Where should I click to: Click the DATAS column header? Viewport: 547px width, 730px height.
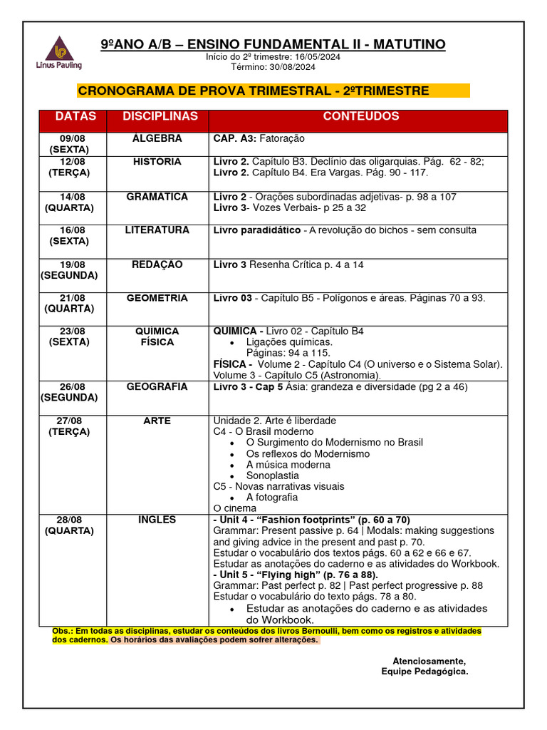coord(75,116)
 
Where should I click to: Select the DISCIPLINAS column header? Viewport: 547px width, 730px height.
coord(160,116)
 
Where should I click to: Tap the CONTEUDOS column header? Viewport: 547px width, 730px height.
coord(361,116)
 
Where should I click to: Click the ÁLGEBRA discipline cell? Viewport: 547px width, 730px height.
coord(157,139)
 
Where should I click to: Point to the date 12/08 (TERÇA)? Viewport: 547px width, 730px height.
coord(69,168)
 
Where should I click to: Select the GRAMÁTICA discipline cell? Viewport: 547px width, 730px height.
coord(157,197)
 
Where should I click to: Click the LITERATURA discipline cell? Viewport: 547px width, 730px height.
coord(157,230)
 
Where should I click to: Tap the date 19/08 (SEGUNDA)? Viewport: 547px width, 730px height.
coord(69,270)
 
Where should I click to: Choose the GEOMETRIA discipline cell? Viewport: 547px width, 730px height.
coord(157,298)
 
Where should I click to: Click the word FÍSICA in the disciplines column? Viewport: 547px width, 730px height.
coord(157,342)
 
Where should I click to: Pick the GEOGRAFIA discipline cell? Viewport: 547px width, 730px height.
coord(157,387)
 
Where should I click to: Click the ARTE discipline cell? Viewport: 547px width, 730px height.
coord(157,421)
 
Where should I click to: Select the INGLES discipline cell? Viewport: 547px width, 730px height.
coord(157,520)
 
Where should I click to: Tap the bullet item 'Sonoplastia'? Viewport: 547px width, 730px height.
coord(272,475)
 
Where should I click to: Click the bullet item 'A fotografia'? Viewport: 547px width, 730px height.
coord(272,498)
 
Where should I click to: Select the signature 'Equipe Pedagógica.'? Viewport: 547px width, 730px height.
coord(424,672)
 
